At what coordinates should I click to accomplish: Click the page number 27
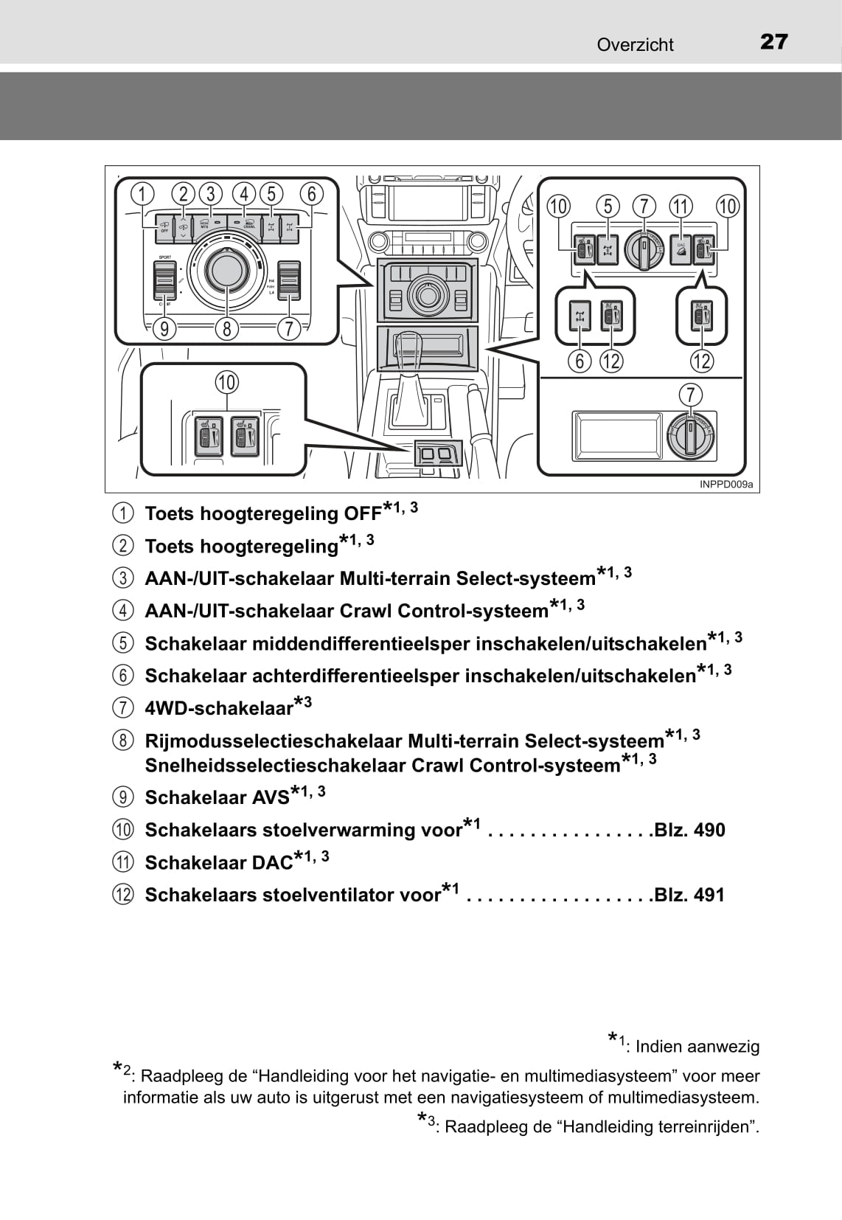coord(773,42)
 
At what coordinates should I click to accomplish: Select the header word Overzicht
coord(635,45)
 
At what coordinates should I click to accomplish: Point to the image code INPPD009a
coord(726,485)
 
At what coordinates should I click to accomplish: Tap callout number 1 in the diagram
coord(142,194)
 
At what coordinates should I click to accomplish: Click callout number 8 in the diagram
coord(227,329)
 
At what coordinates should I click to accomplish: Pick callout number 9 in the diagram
coord(164,329)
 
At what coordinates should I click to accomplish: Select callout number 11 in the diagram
coord(680,207)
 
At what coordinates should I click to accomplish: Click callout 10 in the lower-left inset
coord(226,383)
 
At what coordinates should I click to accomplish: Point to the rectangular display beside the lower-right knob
coord(618,435)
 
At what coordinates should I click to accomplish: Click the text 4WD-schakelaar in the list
coord(219,709)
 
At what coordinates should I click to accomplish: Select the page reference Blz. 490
coord(689,831)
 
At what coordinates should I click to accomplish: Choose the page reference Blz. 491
coord(689,895)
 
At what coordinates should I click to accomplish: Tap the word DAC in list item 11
coord(273,863)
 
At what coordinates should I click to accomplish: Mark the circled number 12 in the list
coord(123,895)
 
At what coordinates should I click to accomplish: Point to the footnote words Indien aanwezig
coord(697,1047)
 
